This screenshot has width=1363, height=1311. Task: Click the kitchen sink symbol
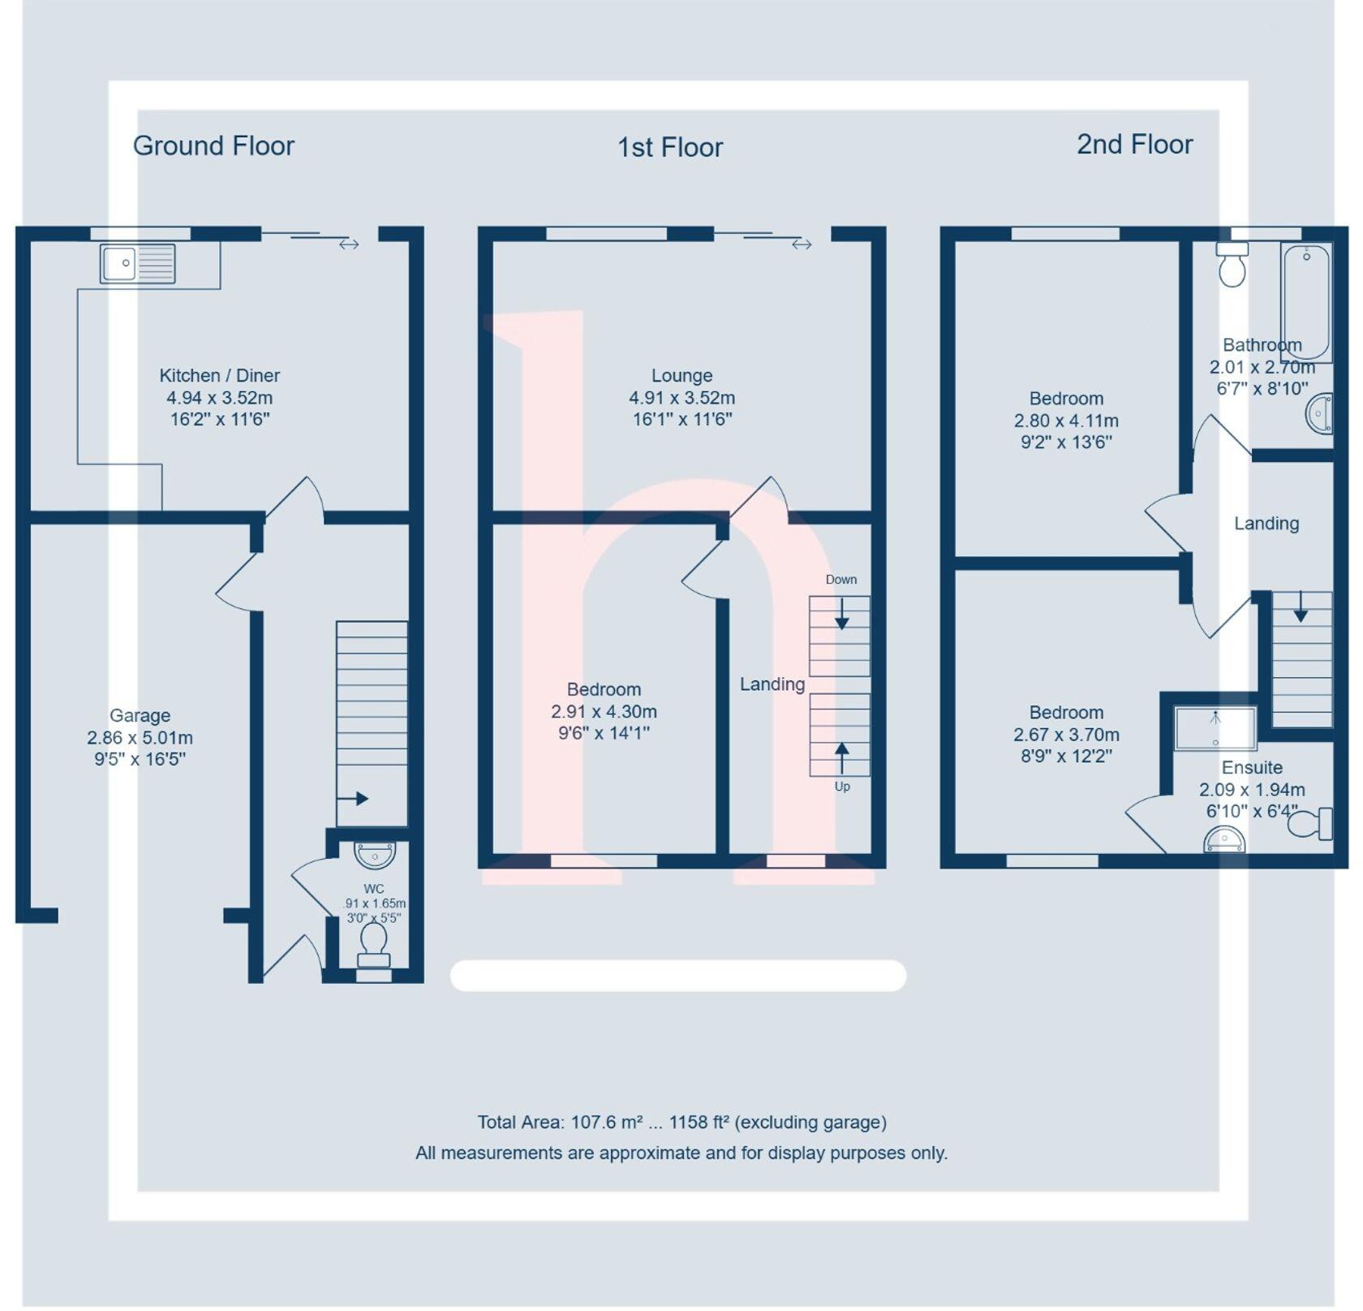(137, 264)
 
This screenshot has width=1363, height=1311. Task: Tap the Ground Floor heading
(213, 146)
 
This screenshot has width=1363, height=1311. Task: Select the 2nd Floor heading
(1134, 144)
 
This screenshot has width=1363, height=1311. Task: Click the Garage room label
(140, 716)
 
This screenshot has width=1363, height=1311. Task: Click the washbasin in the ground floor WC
(374, 854)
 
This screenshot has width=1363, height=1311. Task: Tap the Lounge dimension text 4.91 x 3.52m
(681, 398)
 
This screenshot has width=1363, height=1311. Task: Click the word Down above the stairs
(841, 580)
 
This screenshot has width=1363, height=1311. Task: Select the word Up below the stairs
(842, 787)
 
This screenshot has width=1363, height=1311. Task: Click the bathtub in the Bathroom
(1305, 301)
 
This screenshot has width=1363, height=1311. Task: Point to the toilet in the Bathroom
(1232, 265)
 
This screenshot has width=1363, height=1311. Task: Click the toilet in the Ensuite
(1309, 824)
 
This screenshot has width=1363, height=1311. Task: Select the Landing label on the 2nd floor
(1266, 524)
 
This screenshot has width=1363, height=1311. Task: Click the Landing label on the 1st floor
(772, 684)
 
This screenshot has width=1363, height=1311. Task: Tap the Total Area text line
(681, 1123)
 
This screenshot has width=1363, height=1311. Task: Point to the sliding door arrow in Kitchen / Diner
(349, 244)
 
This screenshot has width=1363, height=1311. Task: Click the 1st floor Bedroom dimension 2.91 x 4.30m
(604, 712)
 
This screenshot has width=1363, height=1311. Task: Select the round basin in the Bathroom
(1320, 414)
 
